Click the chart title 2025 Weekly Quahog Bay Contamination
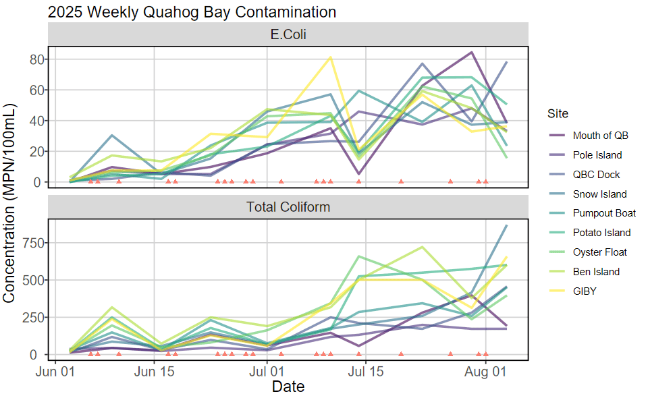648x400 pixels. click(192, 12)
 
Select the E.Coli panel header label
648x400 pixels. click(288, 34)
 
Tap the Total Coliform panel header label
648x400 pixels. click(288, 207)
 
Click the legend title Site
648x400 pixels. click(558, 113)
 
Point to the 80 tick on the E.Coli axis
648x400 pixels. click(37, 59)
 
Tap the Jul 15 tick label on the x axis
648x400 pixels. click(365, 372)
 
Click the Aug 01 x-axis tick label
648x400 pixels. click(485, 372)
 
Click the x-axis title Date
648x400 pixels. click(288, 387)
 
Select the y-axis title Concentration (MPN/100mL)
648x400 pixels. click(8, 203)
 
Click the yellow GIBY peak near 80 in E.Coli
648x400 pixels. click(331, 57)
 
